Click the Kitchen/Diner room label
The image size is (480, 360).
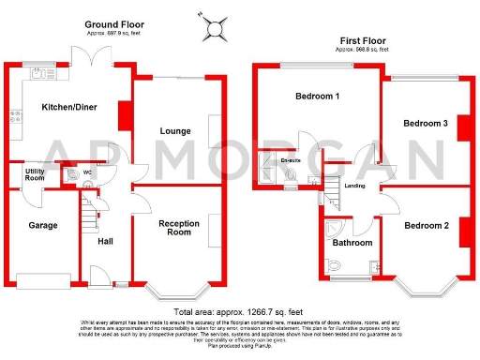(64, 108)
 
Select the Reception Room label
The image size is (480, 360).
(178, 229)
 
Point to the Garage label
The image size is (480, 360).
(42, 225)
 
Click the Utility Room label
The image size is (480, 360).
(34, 173)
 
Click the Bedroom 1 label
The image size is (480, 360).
(317, 97)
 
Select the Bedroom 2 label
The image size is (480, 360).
(427, 225)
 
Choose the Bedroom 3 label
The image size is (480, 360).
(426, 124)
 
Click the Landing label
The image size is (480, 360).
(355, 186)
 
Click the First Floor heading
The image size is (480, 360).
(364, 41)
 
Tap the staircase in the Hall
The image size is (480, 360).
(90, 216)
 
